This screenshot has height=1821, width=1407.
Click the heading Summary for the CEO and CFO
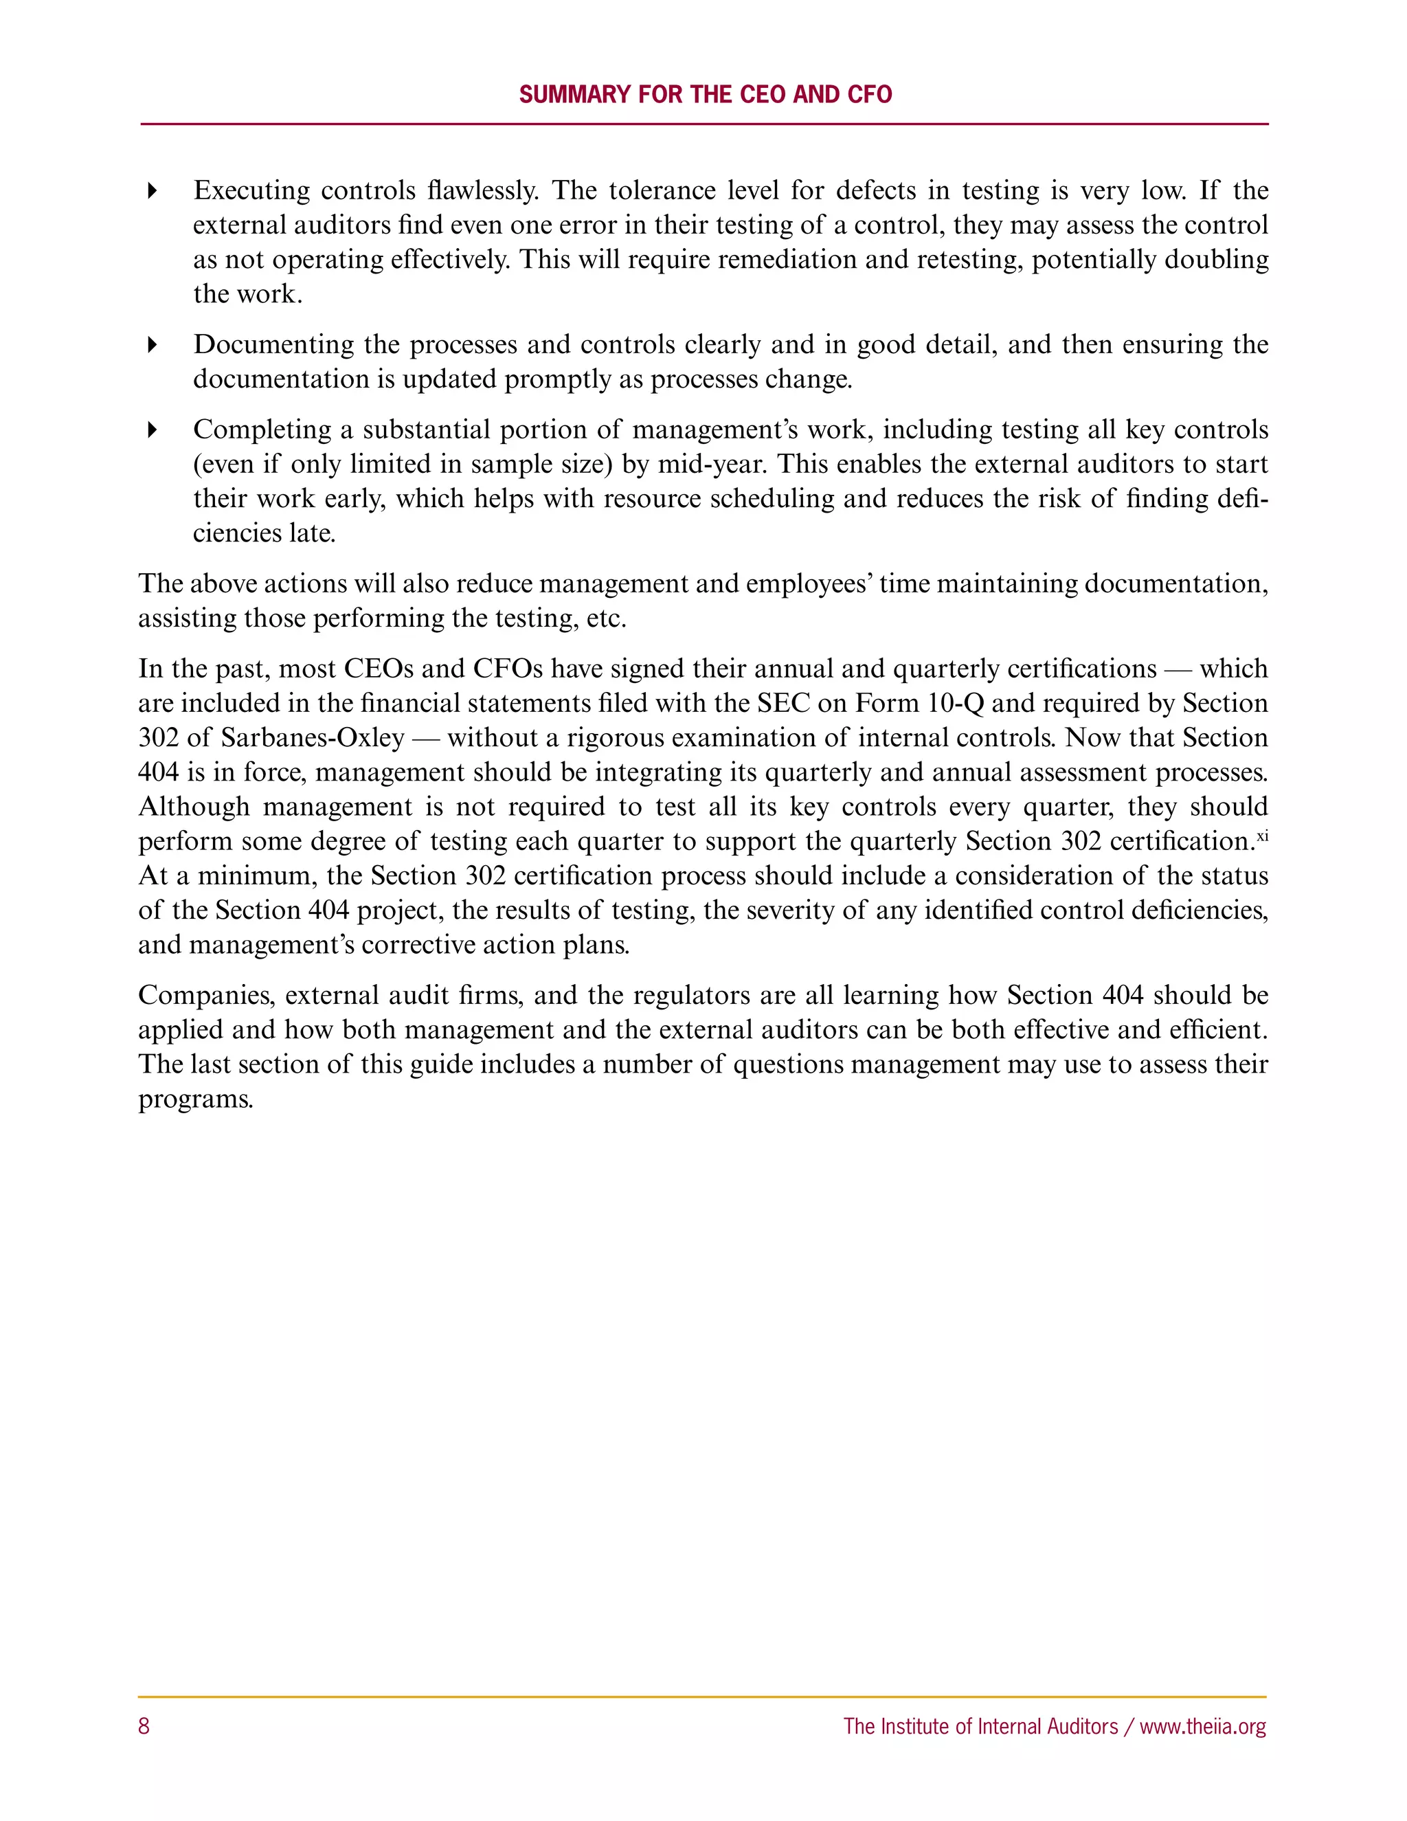click(705, 94)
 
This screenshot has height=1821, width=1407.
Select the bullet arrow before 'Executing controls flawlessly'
click(152, 191)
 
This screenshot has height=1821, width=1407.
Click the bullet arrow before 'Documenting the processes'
click(152, 344)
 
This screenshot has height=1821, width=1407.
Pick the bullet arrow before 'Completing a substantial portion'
click(152, 430)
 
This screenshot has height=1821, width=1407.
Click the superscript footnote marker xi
click(1262, 836)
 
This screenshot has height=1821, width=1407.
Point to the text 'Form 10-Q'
click(919, 704)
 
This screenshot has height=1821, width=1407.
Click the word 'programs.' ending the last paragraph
click(196, 1099)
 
